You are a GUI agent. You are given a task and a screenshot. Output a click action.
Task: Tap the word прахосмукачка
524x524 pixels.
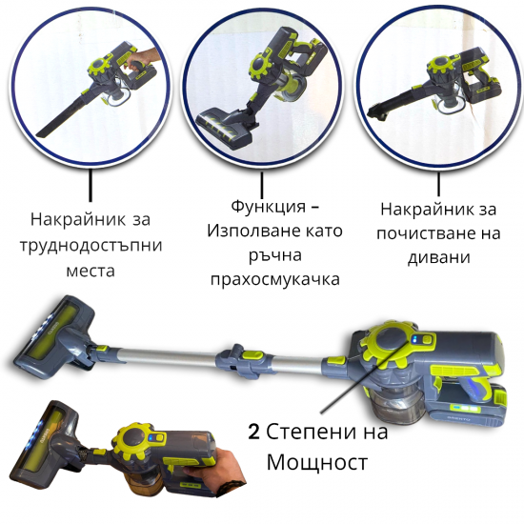click(274, 279)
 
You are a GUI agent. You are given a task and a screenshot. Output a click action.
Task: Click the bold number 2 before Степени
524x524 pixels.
click(253, 432)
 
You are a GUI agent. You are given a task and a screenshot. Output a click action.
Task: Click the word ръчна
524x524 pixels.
click(273, 255)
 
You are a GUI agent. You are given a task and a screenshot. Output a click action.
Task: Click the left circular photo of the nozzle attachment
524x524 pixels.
click(90, 85)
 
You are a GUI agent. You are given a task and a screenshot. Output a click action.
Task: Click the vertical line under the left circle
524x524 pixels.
click(90, 187)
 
